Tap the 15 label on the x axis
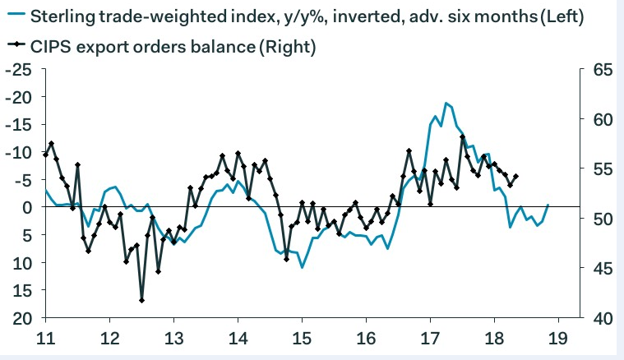pyautogui.click(x=302, y=337)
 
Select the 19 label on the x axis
pyautogui.click(x=558, y=337)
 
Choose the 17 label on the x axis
pyautogui.click(x=430, y=337)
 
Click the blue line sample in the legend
pyautogui.click(x=15, y=16)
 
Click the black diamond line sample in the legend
pyautogui.click(x=15, y=48)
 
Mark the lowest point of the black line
pyautogui.click(x=141, y=300)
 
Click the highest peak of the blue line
pyautogui.click(x=446, y=104)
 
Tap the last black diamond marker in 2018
pyautogui.click(x=515, y=176)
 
